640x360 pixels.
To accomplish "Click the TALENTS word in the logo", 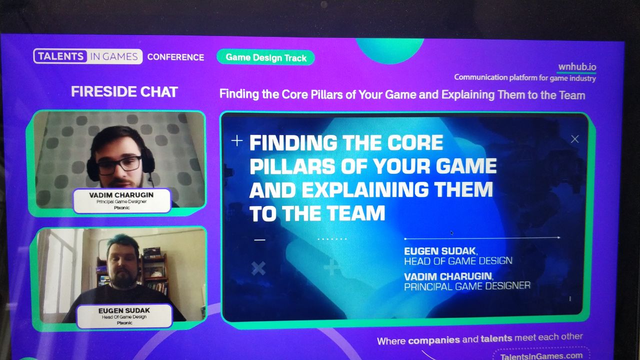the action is tap(60, 56).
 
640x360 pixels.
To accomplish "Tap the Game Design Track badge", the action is tap(265, 57).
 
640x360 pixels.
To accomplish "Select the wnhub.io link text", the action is tap(577, 66).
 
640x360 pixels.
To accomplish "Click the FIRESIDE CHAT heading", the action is tap(124, 91).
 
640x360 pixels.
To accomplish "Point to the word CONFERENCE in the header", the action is tap(175, 57).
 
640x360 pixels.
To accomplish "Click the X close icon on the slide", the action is tap(574, 139).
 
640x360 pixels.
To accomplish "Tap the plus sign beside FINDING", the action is tap(237, 140).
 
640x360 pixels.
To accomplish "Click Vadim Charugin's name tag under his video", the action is tap(122, 201).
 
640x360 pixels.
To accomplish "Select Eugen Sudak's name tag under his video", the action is tap(124, 316).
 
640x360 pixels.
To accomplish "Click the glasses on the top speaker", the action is tap(119, 164).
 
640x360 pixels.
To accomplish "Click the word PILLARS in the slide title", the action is tap(292, 166).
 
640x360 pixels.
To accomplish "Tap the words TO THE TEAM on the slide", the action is tap(317, 213).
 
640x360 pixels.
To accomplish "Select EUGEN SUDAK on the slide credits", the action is tap(439, 251).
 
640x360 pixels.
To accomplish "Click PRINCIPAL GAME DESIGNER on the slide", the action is tap(467, 286).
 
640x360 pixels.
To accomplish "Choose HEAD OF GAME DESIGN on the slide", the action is tap(458, 261).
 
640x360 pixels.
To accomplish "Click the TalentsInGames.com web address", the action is tap(541, 356).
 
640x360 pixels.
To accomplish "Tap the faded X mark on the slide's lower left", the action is tap(258, 268).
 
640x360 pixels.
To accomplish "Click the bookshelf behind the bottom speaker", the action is tap(154, 271).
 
